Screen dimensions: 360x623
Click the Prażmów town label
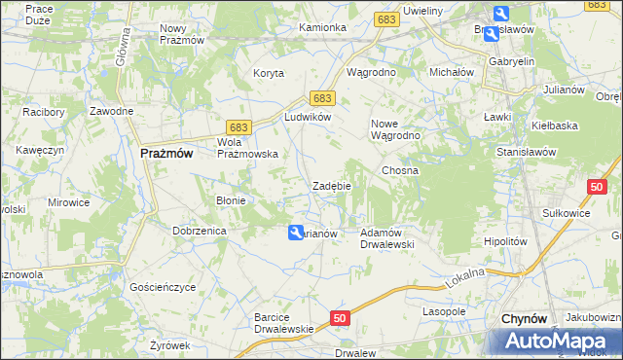coord(166,154)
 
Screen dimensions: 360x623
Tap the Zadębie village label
coord(331,186)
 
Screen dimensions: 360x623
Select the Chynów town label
coord(527,319)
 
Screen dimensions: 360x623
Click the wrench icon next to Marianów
coord(294,233)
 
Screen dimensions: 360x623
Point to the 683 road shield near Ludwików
coord(323,98)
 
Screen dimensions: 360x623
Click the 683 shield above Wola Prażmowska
coord(238,126)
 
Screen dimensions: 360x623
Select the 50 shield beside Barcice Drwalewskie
coord(338,318)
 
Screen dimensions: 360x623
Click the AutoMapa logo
coord(557,342)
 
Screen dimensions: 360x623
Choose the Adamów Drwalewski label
coord(388,238)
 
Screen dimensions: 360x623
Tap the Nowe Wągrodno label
coord(395,129)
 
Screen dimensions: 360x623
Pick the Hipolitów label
coord(505,241)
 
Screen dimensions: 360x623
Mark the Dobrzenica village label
coord(199,231)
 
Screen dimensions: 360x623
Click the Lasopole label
coord(444,311)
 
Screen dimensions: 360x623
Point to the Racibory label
coord(44,112)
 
